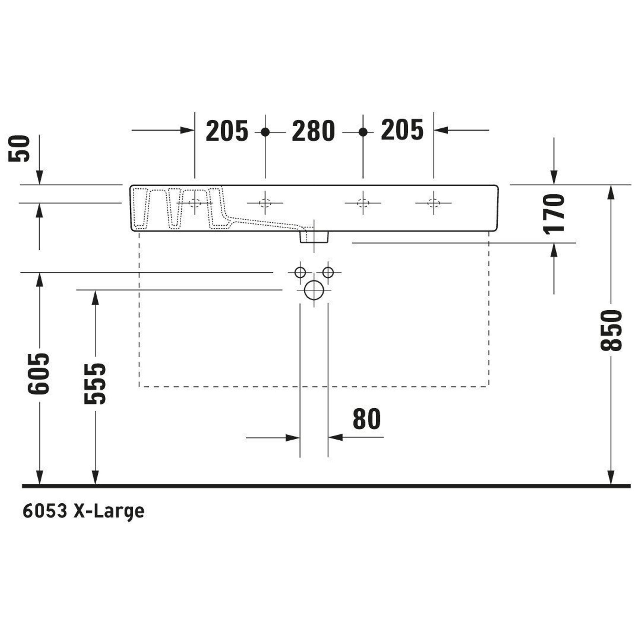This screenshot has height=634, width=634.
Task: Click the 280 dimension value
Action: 314,131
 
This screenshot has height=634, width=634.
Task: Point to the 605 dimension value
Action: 39,374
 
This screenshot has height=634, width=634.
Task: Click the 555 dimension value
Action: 95,383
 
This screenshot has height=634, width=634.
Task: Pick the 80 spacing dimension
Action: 366,419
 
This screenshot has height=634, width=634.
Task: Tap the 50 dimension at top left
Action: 19,149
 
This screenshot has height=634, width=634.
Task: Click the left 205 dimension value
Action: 227,131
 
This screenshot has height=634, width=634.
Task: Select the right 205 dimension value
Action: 402,130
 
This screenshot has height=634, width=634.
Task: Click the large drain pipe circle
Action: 314,290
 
